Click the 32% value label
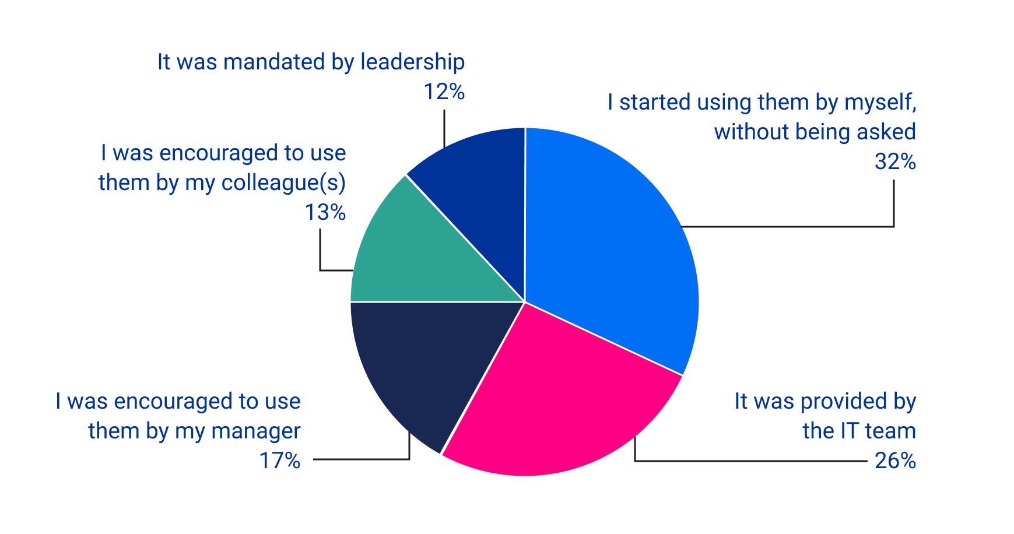[x=895, y=161]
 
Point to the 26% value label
[x=895, y=461]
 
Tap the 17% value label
[x=280, y=461]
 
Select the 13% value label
[x=325, y=213]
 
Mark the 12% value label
[x=444, y=92]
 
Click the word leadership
[x=412, y=62]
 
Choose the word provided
[x=843, y=402]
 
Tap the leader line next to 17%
[x=362, y=459]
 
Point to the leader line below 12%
[x=444, y=128]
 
